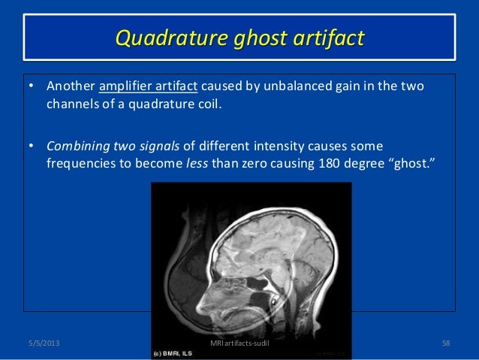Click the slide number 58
tap(446, 343)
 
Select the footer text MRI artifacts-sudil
tap(240, 343)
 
